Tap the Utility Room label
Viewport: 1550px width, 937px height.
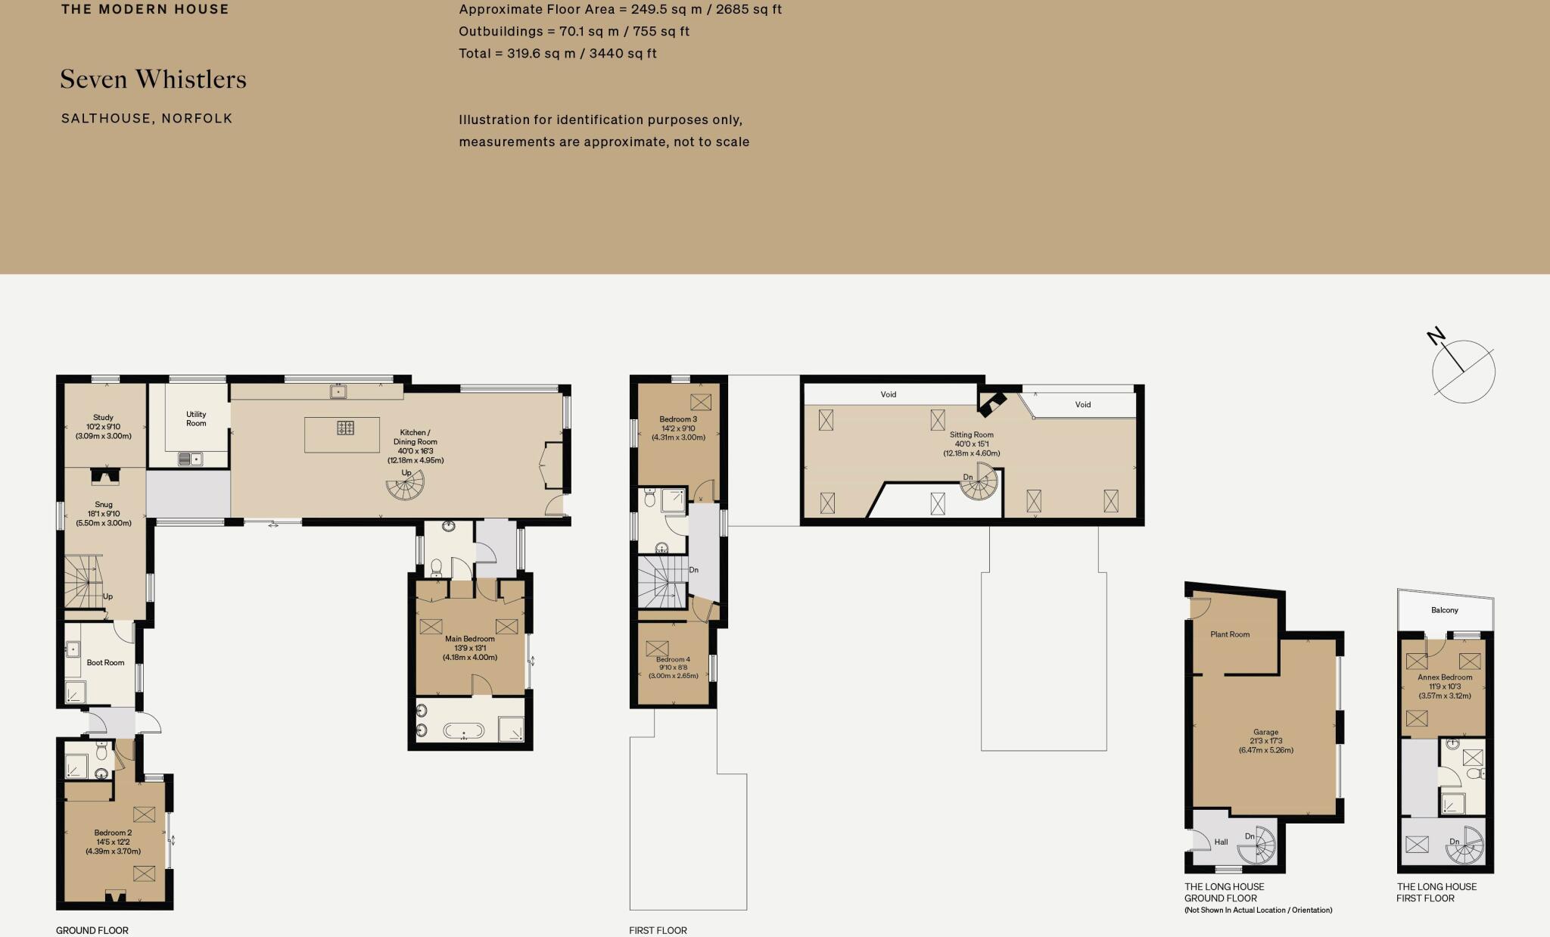[x=196, y=419]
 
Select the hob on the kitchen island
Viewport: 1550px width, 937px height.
[x=345, y=428]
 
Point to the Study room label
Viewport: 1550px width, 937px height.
[x=104, y=427]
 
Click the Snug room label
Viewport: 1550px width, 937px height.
[x=104, y=513]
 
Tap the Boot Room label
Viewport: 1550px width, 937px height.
[x=105, y=662]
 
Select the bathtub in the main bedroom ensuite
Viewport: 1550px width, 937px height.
[x=464, y=730]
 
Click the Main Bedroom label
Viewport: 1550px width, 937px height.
[x=470, y=648]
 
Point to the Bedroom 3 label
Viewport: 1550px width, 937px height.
[x=678, y=428]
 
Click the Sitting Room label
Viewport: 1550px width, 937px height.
[x=972, y=444]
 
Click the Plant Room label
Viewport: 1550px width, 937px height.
[x=1230, y=634]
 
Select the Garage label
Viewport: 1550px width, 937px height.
[x=1266, y=741]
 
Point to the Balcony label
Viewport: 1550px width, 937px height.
[x=1445, y=610]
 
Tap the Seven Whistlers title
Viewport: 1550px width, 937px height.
[x=154, y=79]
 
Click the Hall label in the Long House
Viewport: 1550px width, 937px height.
[x=1221, y=842]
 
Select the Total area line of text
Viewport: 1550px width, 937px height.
[x=558, y=53]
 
